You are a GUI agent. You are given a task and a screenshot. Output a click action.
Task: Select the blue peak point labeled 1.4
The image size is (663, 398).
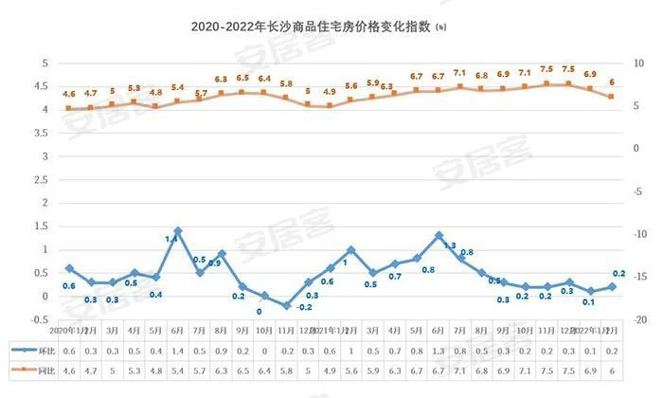click(x=177, y=230)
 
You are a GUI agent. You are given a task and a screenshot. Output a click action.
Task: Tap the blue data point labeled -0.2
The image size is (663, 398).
click(x=286, y=305)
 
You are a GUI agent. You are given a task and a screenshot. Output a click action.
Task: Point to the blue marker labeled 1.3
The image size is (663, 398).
click(x=439, y=235)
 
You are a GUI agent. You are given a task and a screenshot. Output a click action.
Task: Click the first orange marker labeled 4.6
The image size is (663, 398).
click(x=68, y=108)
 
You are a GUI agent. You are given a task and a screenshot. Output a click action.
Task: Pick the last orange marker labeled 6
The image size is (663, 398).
click(x=611, y=97)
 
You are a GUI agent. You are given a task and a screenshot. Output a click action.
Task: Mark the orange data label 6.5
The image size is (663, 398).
click(x=242, y=79)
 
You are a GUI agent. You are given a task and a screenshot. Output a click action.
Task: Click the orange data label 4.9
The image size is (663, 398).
click(x=330, y=92)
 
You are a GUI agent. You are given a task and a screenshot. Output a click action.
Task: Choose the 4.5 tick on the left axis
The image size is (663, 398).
click(x=42, y=86)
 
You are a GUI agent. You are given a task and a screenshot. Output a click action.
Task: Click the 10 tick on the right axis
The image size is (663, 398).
click(x=638, y=63)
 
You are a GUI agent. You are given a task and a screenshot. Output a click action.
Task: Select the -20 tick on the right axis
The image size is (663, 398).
click(x=638, y=319)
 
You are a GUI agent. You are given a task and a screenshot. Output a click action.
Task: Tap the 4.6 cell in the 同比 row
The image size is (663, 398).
click(x=68, y=372)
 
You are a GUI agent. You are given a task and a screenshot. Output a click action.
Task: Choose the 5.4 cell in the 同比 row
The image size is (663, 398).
click(x=177, y=372)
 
